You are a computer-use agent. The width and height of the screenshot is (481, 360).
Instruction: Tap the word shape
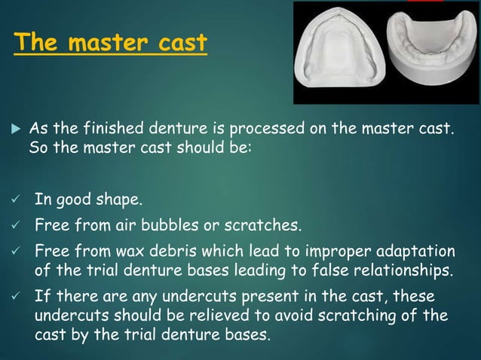(121, 200)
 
